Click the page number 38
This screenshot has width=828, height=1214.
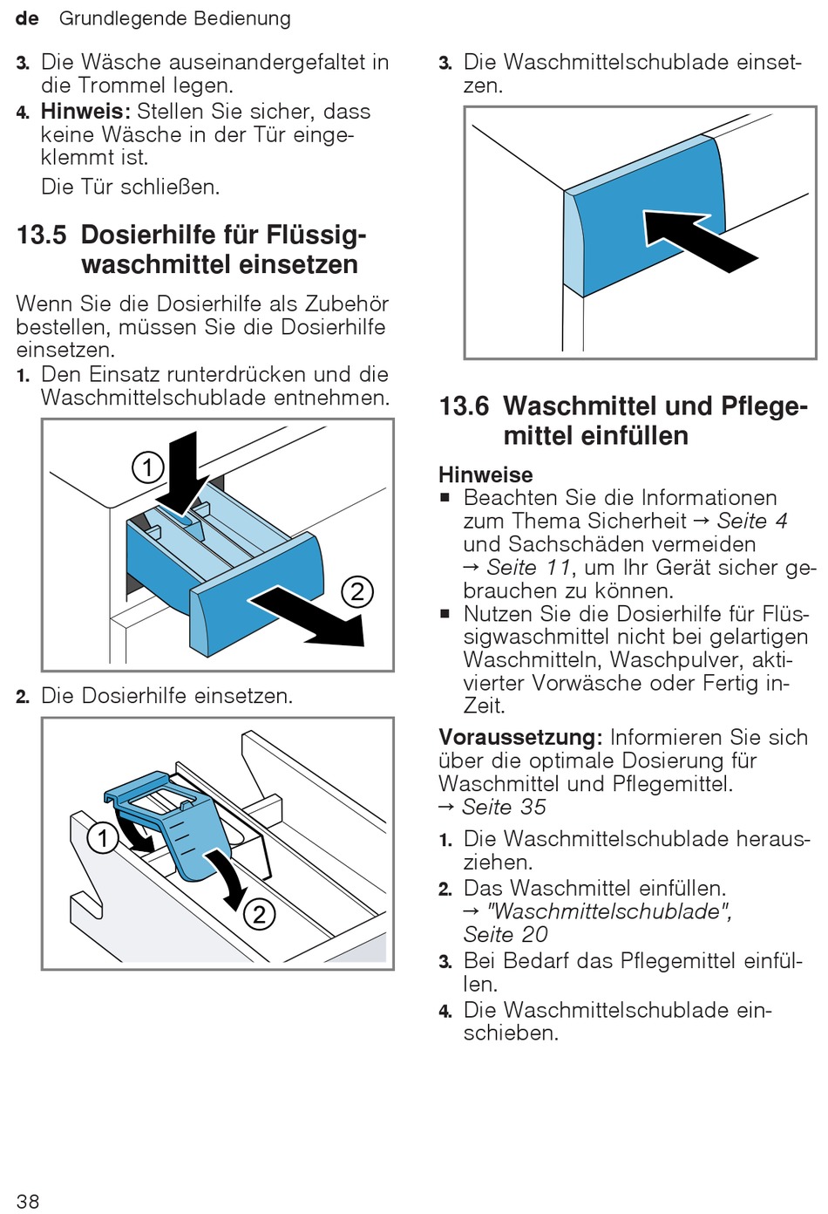(28, 1201)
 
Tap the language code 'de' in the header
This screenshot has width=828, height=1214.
(27, 18)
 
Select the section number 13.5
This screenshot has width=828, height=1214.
(42, 235)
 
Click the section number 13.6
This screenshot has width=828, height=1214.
(465, 406)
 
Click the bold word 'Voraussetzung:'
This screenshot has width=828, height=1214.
(520, 738)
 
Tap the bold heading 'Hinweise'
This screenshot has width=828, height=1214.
(485, 474)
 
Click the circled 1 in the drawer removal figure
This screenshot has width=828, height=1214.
(147, 467)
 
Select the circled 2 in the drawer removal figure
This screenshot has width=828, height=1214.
(357, 591)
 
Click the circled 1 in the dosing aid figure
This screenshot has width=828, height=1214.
(103, 839)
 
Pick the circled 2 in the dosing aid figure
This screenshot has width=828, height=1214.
(259, 914)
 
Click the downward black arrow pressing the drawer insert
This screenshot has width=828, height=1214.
(183, 475)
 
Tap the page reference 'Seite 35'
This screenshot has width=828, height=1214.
(504, 808)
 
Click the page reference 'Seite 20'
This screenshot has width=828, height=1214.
(506, 935)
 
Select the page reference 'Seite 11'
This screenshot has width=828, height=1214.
(529, 568)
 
